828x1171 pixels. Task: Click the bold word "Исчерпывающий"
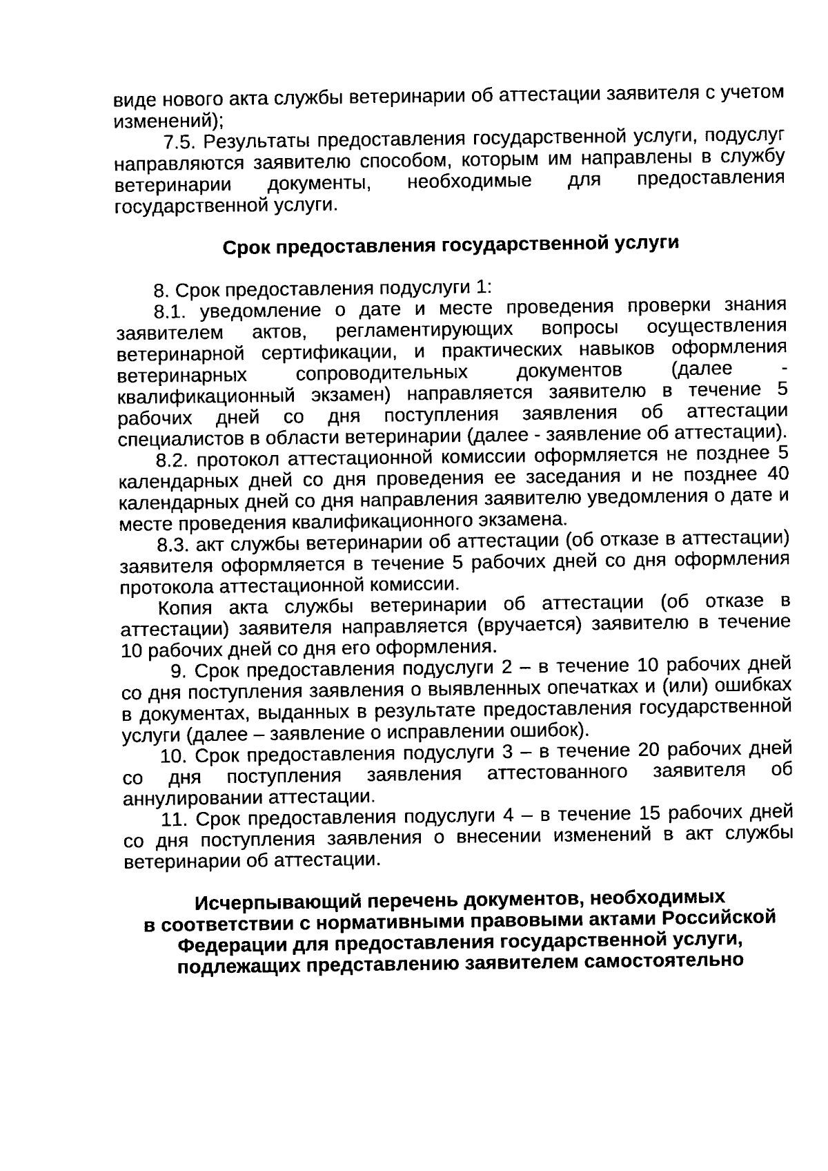263,902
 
